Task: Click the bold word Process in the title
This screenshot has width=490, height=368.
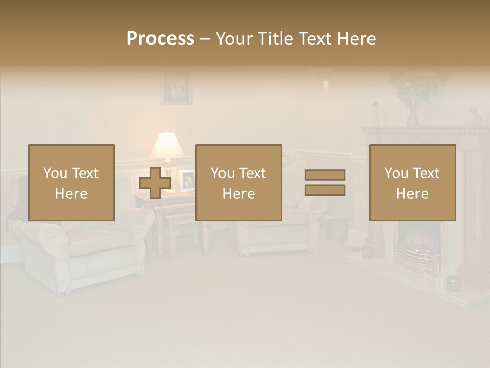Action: [160, 39]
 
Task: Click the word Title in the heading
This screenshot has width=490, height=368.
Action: [275, 39]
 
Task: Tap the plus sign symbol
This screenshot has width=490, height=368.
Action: [155, 183]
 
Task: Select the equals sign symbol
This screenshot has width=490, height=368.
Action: [325, 182]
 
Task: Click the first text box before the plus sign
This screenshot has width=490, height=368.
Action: [71, 182]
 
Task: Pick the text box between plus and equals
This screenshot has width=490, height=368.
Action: [238, 182]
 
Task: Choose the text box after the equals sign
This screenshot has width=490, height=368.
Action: [412, 182]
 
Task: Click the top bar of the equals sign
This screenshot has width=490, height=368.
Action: [325, 175]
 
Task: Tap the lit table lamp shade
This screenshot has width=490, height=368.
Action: [167, 146]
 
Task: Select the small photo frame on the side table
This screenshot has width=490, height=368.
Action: [188, 180]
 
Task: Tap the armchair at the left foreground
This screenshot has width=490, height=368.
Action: [82, 250]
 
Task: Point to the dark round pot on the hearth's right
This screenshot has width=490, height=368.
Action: [453, 283]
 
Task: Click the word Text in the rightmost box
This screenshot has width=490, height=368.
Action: [427, 173]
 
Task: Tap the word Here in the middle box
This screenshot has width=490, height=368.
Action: [238, 194]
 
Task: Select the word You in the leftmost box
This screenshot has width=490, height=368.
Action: [55, 173]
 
